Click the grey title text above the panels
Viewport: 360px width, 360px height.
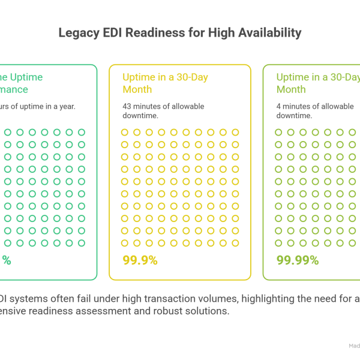[x=180, y=32]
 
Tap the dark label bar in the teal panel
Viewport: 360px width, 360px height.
[x=48, y=114]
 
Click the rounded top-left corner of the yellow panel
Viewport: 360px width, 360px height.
[x=113, y=67]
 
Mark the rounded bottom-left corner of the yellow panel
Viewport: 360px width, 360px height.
[x=113, y=275]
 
